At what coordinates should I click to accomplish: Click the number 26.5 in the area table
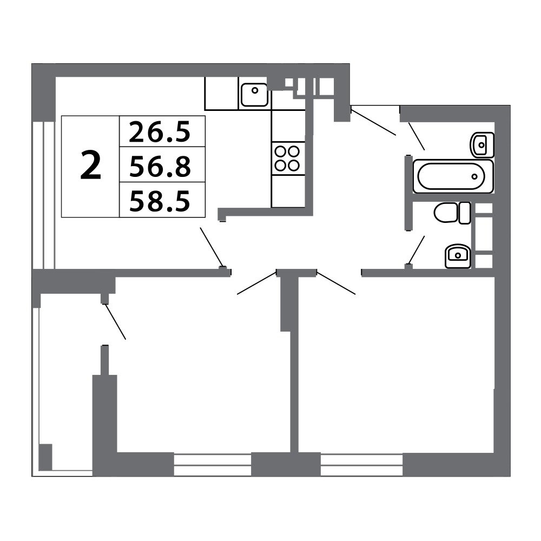pos(160,133)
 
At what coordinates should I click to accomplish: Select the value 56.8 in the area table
pos(160,166)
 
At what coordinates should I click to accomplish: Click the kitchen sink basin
pos(254,95)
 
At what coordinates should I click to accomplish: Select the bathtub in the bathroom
pos(453,176)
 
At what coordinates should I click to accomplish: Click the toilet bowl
pos(446,213)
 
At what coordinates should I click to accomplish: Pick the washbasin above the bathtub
pos(482,144)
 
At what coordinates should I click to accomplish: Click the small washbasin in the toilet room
pos(458,256)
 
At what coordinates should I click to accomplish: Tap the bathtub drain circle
pos(474,176)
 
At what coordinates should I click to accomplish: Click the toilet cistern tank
pos(465,213)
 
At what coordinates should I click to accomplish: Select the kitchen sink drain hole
pos(255,90)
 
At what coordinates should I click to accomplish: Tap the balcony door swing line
pos(115,321)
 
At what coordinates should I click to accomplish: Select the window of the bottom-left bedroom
pos(212,465)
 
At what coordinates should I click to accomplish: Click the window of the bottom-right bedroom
pos(361,465)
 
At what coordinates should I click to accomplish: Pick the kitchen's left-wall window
pos(43,195)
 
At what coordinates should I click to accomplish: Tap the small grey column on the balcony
pos(45,457)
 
